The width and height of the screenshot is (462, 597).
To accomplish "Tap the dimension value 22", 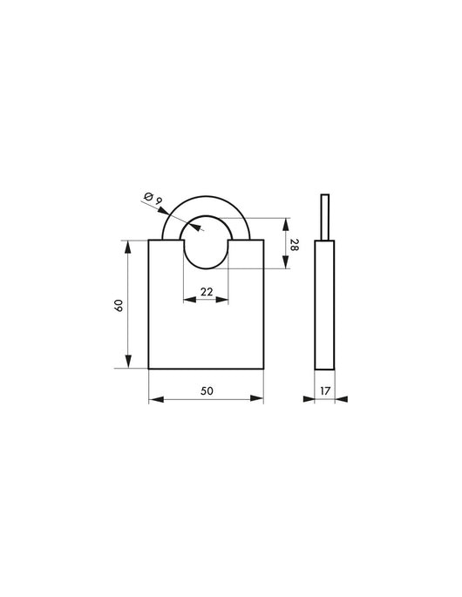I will point(207,292).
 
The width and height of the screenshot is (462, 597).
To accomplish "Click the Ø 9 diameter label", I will point(153,202).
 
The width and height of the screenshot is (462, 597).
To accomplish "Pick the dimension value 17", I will point(325,390).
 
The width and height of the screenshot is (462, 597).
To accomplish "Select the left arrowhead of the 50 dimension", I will point(154,399).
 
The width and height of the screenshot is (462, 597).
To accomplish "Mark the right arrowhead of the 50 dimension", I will point(258,399).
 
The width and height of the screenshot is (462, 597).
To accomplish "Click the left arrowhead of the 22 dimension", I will point(188,302).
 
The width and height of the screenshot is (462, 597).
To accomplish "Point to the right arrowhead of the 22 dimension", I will point(224,302).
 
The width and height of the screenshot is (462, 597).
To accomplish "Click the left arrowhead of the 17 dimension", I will point(309,399).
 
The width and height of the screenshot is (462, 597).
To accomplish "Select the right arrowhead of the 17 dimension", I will point(342,399).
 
